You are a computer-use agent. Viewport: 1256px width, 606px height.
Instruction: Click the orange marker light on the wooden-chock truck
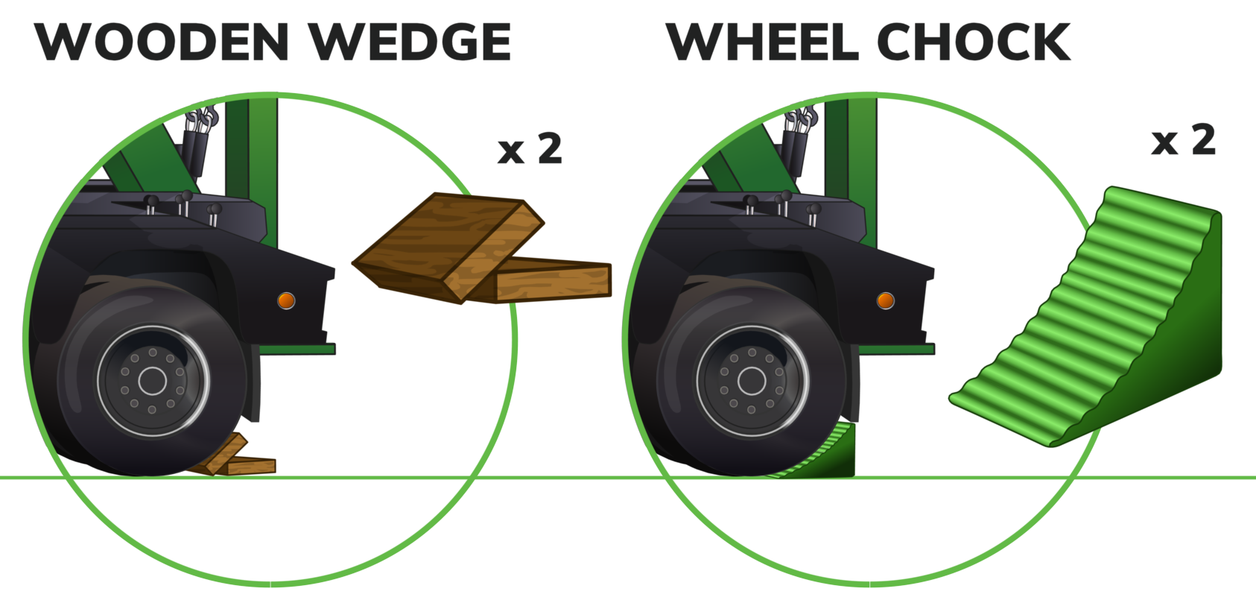[x=286, y=300]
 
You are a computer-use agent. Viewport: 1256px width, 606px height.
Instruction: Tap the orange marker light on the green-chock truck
[x=885, y=300]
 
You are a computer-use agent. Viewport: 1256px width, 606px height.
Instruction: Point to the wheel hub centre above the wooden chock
[x=152, y=381]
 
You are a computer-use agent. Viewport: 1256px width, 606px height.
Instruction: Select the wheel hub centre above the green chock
[x=751, y=381]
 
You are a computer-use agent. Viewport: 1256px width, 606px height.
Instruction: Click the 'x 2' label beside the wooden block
[x=530, y=148]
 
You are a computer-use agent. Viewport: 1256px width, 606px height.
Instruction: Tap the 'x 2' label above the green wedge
[x=1183, y=139]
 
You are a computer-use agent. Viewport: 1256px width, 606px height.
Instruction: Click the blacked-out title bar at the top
[x=551, y=41]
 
